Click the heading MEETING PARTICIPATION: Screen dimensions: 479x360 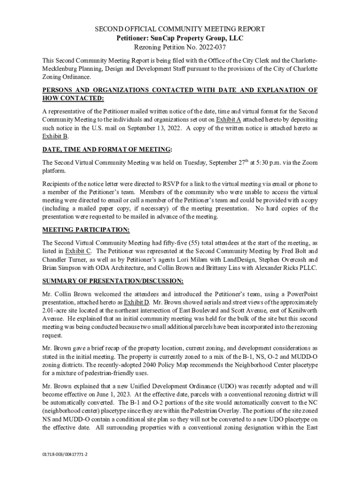[86, 230]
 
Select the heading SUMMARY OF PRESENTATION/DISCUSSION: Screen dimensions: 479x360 [113, 281]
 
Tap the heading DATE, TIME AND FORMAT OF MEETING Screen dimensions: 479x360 [106, 149]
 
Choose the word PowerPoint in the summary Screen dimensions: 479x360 [300, 294]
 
